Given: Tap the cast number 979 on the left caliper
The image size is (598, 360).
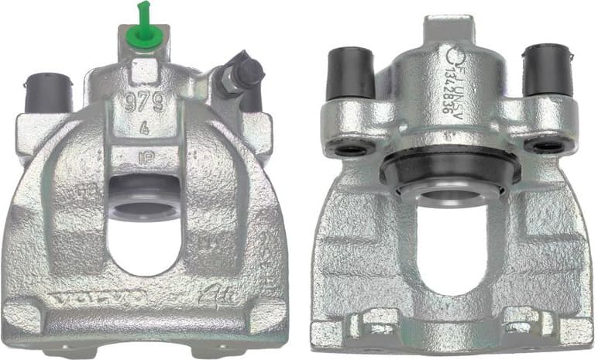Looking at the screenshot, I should point(143,101).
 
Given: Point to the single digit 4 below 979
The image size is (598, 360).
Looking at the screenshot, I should point(145,130).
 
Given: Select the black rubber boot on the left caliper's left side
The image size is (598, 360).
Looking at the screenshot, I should point(48,92).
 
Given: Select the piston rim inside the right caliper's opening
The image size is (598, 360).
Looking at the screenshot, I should point(449,197).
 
